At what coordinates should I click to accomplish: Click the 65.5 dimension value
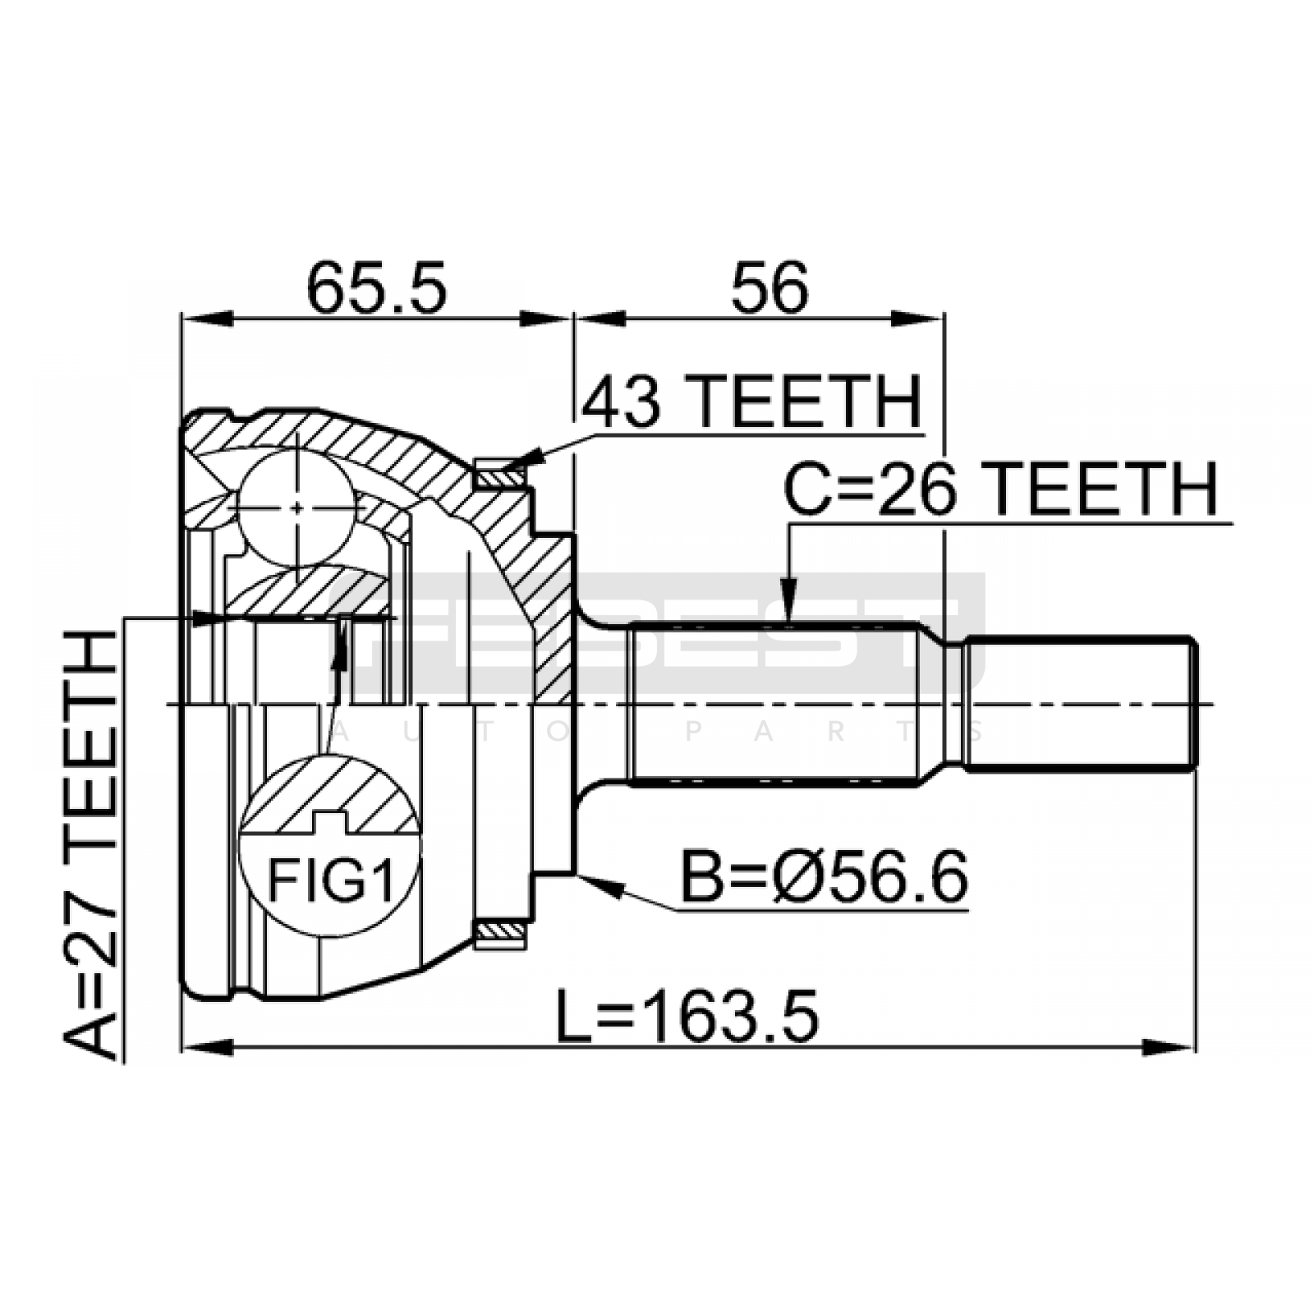tap(377, 288)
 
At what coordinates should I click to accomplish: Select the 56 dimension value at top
tap(770, 288)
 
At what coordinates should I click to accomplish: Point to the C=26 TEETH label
tap(1000, 489)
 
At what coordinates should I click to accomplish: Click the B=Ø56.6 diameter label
tap(825, 877)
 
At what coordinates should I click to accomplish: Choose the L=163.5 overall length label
tap(687, 1017)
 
